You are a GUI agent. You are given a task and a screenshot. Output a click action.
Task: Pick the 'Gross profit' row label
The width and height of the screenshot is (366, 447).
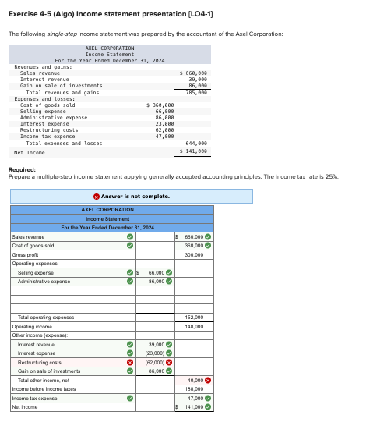[x=26, y=255]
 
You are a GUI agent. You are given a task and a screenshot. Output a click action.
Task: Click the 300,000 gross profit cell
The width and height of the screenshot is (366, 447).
[x=194, y=255]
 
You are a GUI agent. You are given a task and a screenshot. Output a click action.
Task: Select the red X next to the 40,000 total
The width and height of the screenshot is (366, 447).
[x=209, y=380]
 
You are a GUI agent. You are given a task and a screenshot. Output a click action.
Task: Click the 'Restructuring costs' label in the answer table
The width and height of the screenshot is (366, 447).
[x=39, y=362]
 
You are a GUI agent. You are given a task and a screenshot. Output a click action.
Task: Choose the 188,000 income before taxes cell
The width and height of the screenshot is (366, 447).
[x=194, y=388]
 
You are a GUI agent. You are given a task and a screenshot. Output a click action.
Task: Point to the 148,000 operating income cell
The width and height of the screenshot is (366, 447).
[x=194, y=326]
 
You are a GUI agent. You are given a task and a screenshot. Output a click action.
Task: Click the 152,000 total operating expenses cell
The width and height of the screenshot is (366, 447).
[x=194, y=318]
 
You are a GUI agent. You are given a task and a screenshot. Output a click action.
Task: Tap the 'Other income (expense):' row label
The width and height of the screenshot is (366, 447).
[x=38, y=335]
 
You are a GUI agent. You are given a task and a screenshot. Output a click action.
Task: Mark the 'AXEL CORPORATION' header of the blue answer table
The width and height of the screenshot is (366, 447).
[x=107, y=210]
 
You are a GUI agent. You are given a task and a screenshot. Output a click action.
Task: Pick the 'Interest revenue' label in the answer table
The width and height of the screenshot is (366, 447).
[x=36, y=344]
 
